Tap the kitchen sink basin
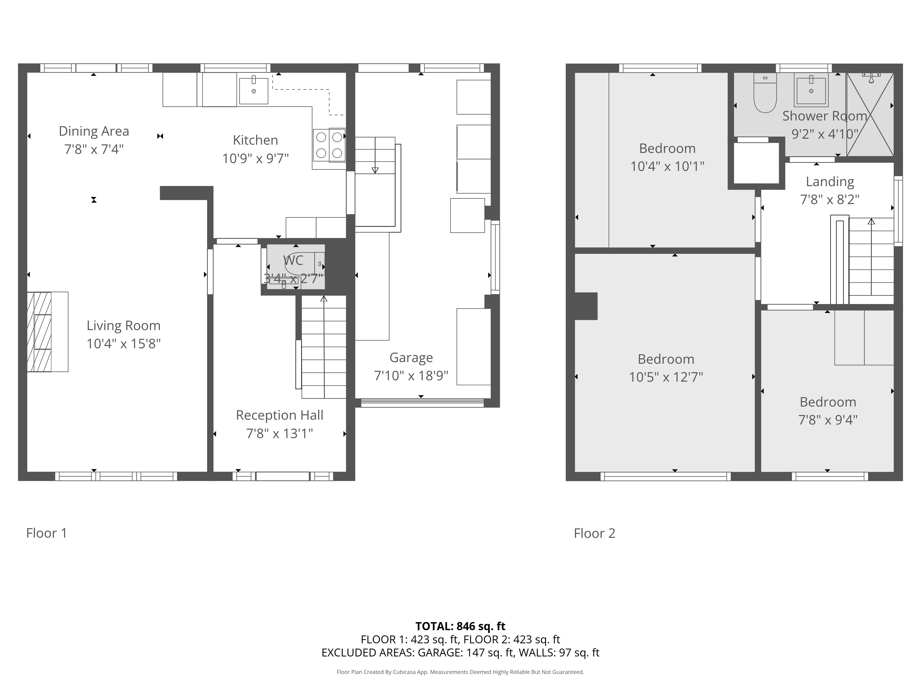point(254,90)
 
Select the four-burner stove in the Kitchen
point(329,144)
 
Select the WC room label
point(293,260)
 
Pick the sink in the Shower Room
point(811,90)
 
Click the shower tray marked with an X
point(870,114)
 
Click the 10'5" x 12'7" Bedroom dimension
point(666,377)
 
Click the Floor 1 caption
point(47,533)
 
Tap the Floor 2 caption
point(595,533)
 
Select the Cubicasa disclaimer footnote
point(460,672)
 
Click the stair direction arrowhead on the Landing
point(871,221)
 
